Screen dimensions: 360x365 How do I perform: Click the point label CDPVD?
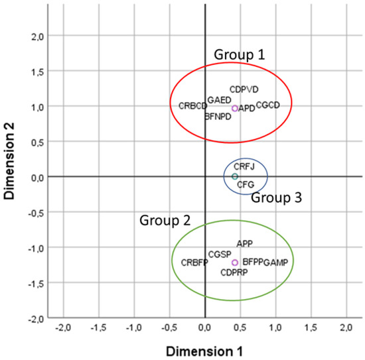[244, 89]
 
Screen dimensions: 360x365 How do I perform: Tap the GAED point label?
[219, 100]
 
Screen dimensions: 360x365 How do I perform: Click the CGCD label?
[268, 105]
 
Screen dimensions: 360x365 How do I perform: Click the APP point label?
[244, 244]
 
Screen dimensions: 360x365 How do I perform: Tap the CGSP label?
[220, 255]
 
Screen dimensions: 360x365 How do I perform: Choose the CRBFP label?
[194, 263]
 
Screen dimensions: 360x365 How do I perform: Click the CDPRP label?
[235, 272]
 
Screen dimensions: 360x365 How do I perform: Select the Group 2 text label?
[161, 219]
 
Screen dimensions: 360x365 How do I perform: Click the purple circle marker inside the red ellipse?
[235, 108]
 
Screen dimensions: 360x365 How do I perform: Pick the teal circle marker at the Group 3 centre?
[235, 176]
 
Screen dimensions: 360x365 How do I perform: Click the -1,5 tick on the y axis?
[40, 283]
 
